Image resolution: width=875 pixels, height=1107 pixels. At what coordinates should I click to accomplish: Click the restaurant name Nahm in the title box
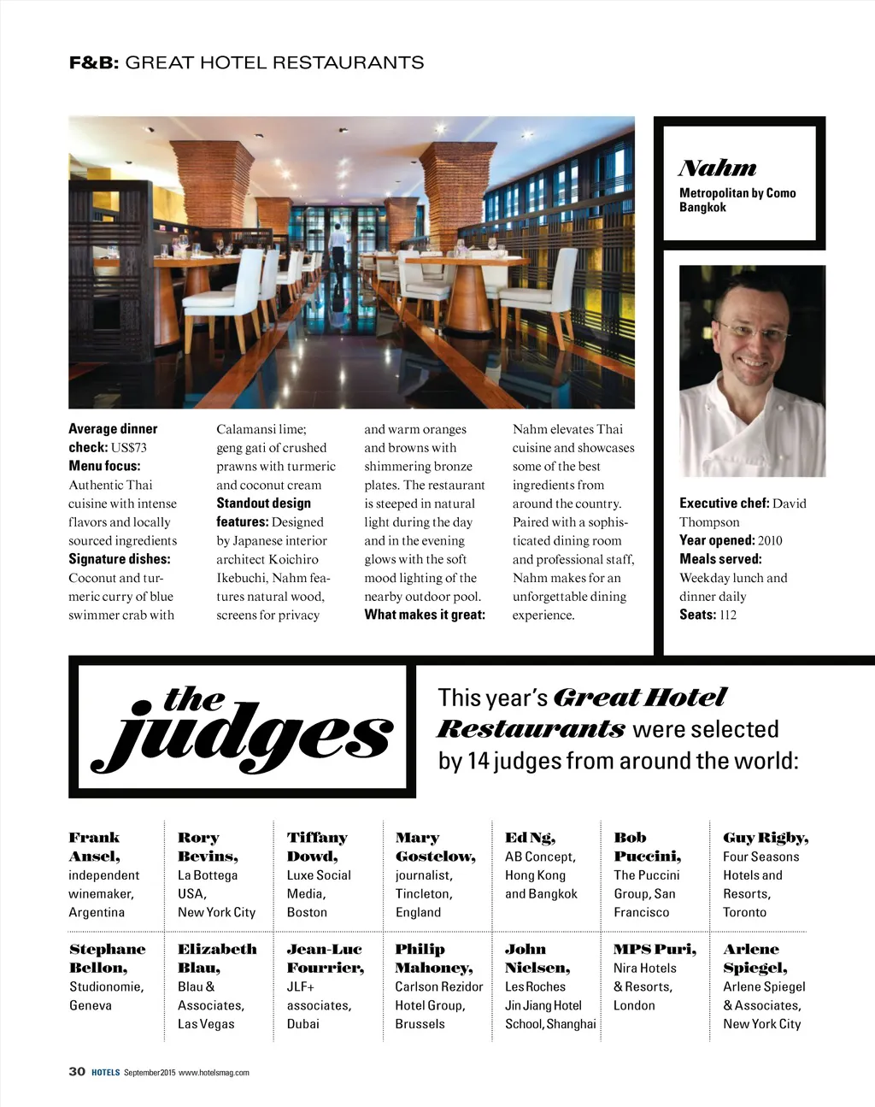718,168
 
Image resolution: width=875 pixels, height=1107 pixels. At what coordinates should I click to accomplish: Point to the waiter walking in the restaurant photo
338,248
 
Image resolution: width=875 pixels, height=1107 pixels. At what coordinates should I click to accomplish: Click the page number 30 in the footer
77,1072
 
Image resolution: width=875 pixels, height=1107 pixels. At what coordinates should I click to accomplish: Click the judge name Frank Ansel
95,846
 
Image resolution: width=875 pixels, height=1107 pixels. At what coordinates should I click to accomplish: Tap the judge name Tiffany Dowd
317,846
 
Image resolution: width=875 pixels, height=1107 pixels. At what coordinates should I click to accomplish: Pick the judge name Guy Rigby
766,838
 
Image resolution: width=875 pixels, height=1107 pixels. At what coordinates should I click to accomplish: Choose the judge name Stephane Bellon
107,958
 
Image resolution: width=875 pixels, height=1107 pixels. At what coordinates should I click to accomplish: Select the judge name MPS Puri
655,949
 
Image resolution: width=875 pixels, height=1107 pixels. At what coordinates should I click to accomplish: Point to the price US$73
129,448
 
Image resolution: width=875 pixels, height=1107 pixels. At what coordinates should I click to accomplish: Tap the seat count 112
727,615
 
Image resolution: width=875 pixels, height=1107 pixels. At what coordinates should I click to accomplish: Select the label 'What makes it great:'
425,615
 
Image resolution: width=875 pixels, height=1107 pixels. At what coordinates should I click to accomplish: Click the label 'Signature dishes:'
120,559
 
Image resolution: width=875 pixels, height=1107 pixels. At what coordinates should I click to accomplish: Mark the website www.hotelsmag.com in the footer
214,1073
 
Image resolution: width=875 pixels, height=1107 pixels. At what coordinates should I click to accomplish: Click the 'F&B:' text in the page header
94,62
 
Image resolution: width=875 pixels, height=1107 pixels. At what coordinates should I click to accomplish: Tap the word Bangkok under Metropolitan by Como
702,208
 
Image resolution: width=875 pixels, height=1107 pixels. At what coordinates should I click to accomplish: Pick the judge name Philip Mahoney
434,958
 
